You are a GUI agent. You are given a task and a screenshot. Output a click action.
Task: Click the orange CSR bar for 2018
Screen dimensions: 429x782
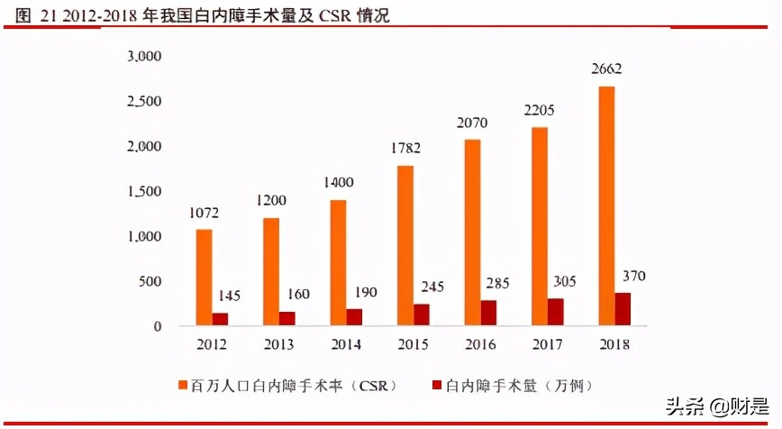607,206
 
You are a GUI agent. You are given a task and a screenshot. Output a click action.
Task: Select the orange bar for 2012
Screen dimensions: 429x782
204,278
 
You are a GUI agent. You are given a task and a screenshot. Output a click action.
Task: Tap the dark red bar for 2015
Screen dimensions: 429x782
422,315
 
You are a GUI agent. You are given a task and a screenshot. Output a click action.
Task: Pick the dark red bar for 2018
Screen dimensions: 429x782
623,309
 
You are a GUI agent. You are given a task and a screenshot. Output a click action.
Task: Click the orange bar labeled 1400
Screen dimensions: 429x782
338,263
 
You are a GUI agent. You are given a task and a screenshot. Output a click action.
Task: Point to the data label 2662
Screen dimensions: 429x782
607,68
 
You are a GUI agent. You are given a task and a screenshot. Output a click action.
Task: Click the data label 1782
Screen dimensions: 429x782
405,148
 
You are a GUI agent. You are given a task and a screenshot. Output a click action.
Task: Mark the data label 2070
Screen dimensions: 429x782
473,122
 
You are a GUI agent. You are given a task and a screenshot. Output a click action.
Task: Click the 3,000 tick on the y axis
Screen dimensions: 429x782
143,57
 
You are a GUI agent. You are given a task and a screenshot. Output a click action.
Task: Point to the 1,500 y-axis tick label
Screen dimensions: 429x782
143,191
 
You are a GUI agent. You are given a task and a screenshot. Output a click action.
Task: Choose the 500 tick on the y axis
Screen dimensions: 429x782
150,281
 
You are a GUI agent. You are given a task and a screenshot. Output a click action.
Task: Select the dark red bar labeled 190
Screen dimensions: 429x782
354,317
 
